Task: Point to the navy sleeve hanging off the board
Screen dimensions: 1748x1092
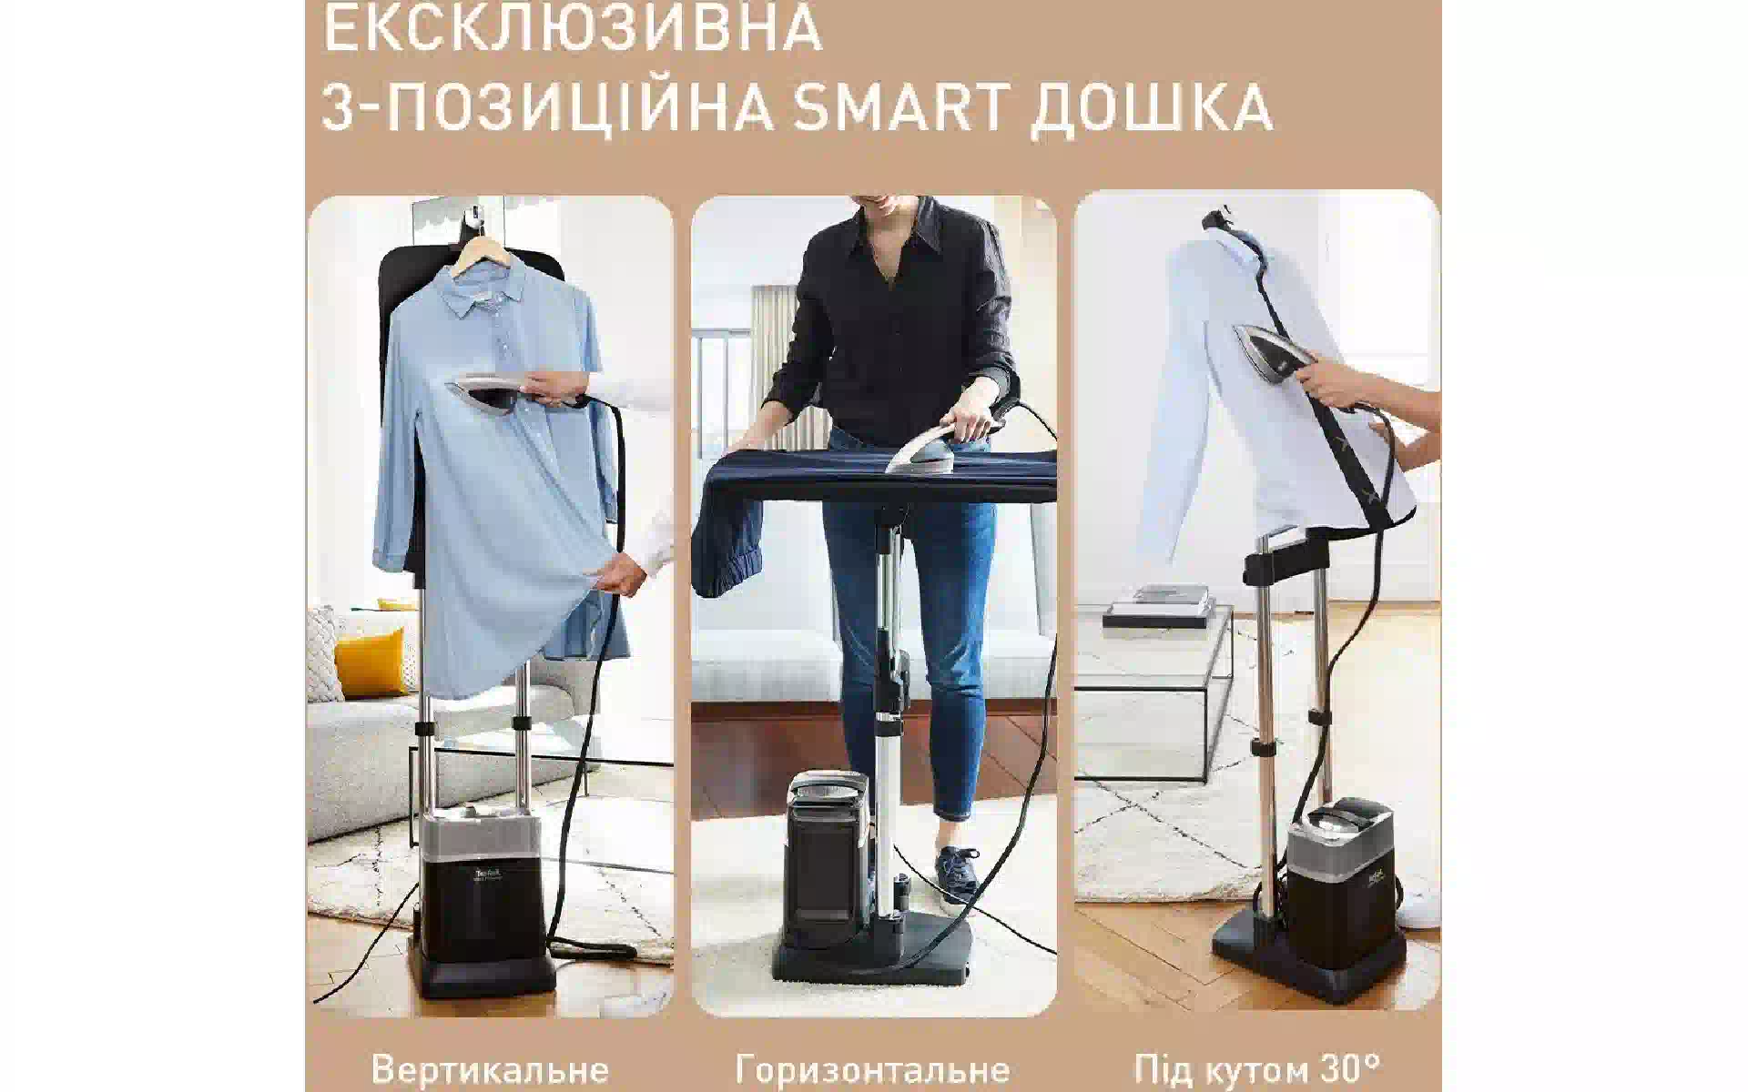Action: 727,546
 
